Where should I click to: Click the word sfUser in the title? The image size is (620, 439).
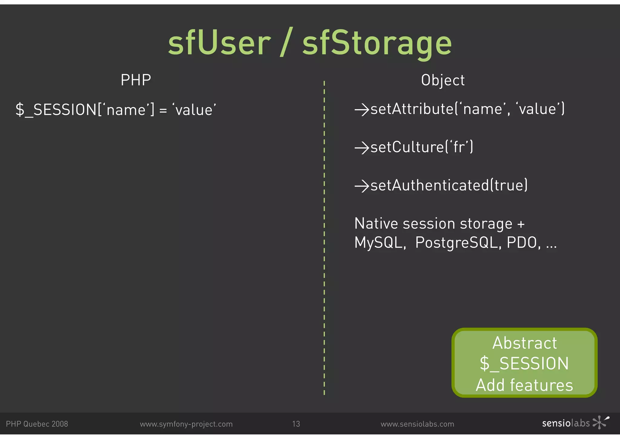(219, 43)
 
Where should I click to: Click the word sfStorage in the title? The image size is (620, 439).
(377, 44)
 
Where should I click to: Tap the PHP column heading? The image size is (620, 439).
(136, 80)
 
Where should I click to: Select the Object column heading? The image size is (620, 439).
(443, 81)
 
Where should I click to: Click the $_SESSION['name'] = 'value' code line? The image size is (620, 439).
(116, 109)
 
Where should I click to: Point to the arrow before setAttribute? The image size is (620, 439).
(362, 109)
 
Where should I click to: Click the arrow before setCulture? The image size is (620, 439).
(362, 148)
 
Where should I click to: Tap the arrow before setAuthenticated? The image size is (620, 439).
(362, 186)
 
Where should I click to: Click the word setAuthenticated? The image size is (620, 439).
(430, 185)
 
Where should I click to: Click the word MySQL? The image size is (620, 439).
(380, 243)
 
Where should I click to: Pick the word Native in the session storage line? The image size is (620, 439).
(376, 224)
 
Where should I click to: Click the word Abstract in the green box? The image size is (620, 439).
(524, 343)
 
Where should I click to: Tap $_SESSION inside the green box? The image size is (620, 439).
(524, 364)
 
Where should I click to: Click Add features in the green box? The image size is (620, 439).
(524, 385)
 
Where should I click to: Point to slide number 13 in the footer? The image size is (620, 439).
(296, 424)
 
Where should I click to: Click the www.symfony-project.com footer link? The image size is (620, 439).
(186, 424)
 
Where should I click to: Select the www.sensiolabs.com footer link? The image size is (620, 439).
(417, 424)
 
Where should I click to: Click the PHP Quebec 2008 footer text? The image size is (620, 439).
(37, 424)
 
